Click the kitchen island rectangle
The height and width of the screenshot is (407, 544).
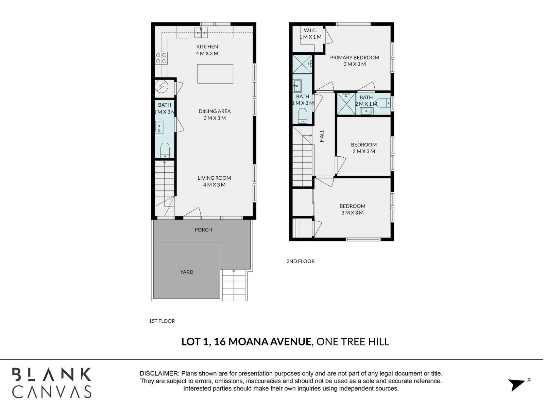(x=215, y=74)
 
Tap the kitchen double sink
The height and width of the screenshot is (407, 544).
(x=201, y=33)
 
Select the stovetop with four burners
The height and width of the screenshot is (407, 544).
(x=161, y=58)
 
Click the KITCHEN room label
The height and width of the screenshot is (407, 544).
(x=207, y=47)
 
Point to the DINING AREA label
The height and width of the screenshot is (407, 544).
(x=215, y=111)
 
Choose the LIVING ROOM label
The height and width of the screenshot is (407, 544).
(x=215, y=178)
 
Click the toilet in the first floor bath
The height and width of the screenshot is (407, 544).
(x=165, y=150)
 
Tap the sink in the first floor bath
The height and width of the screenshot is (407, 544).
(x=159, y=127)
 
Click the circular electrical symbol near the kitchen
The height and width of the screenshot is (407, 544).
(x=161, y=86)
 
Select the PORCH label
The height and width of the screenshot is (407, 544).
(x=203, y=230)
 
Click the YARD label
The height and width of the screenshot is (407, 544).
(x=187, y=272)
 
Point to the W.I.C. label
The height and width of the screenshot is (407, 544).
(x=310, y=31)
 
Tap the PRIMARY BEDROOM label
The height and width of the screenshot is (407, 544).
(x=355, y=57)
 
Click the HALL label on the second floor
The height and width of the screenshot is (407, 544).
(x=322, y=136)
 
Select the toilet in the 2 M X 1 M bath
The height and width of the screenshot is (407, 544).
(x=382, y=103)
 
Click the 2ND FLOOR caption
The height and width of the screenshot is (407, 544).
(x=300, y=261)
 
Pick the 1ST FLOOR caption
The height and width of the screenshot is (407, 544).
(x=162, y=321)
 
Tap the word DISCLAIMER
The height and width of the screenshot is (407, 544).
(x=159, y=373)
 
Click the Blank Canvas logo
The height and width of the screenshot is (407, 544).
(x=52, y=383)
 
